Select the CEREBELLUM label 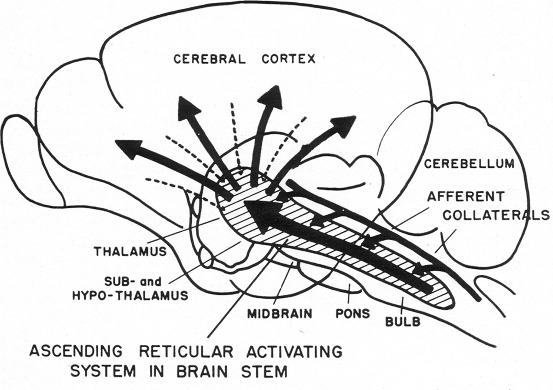tap(469, 164)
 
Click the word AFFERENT tap(465, 197)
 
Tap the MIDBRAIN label tap(280, 314)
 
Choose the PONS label tap(353, 314)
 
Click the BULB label tap(404, 321)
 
